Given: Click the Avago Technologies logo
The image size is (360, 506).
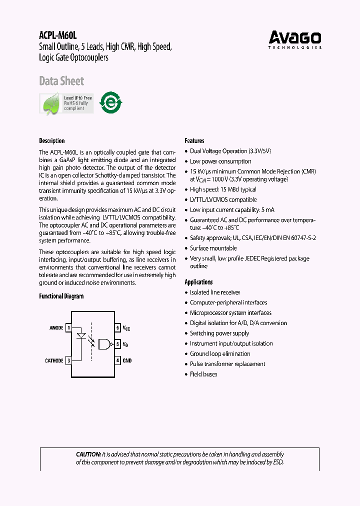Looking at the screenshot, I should tap(295, 39).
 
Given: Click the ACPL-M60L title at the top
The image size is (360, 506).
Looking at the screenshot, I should tap(57, 35).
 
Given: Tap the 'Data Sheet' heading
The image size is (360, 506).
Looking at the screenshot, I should tap(61, 81).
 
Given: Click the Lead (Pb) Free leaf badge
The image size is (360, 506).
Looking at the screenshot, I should tap(66, 103).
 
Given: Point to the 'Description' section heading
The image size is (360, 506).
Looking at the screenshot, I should tap(52, 141).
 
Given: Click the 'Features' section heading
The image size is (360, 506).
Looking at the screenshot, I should tap(194, 141).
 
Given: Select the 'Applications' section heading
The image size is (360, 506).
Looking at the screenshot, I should tap(198, 282).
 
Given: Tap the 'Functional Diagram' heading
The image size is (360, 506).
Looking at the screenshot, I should tap(61, 296).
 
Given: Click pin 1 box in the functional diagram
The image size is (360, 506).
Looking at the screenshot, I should tap(68, 328).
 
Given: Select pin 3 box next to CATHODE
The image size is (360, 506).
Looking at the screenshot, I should tap(68, 360).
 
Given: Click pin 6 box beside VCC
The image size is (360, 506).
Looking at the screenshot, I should tap(118, 328).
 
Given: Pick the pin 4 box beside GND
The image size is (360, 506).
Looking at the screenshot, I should tap(118, 360).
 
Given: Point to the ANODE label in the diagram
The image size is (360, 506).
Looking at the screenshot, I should tap(56, 328).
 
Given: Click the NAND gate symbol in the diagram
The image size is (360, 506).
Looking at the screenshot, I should tap(105, 343).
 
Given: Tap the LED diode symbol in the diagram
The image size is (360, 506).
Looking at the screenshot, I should tap(80, 336).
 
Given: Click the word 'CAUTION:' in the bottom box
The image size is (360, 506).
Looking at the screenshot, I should tap(88, 454).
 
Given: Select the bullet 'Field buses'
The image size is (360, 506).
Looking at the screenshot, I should tap(203, 374).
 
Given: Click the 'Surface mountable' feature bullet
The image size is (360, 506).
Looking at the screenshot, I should tap(213, 248).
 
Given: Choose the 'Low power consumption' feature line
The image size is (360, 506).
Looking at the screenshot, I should tap(220, 161).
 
